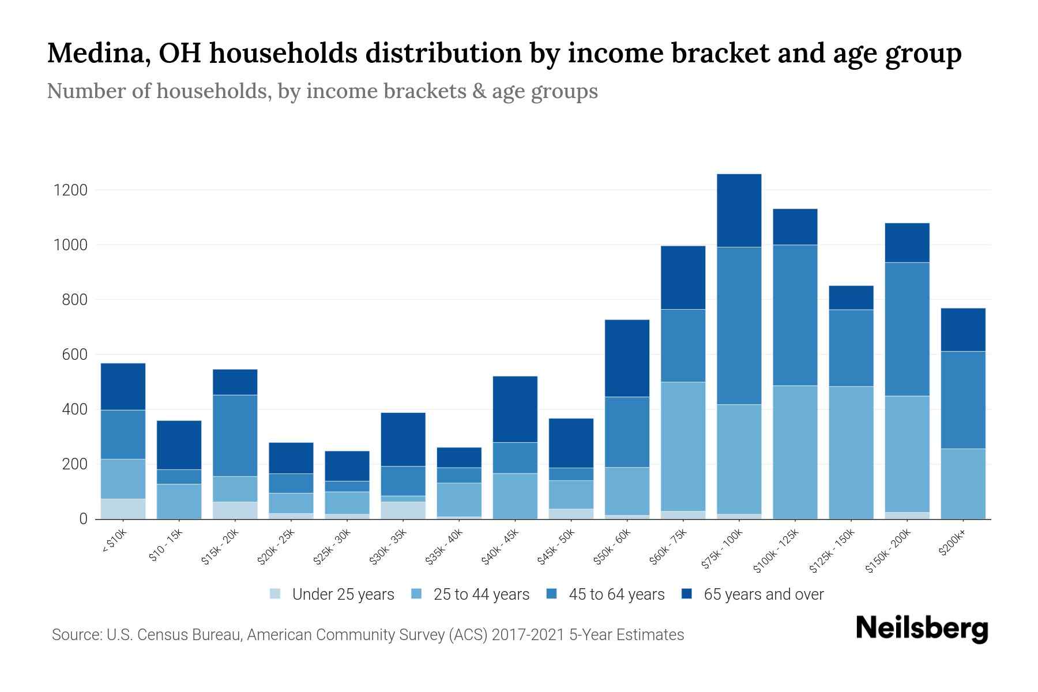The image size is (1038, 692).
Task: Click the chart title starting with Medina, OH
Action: click(504, 54)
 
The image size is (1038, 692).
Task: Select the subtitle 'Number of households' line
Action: click(322, 91)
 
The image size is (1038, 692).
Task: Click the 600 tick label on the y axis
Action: click(74, 355)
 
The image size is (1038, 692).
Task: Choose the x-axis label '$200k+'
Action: click(951, 544)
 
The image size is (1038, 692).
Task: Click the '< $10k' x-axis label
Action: click(114, 541)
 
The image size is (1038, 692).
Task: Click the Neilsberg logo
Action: click(922, 629)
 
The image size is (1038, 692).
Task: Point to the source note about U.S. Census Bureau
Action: click(368, 635)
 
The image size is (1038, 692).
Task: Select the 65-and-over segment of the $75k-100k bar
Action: click(739, 210)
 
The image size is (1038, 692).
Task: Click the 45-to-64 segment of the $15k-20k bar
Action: click(235, 435)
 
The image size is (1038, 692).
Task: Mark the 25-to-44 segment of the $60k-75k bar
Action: click(683, 446)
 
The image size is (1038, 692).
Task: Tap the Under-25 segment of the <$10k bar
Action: click(123, 509)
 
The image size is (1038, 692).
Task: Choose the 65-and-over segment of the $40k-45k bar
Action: click(515, 409)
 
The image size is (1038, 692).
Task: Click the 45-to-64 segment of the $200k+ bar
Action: click(962, 400)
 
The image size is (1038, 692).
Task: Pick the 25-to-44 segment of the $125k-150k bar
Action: click(851, 453)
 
